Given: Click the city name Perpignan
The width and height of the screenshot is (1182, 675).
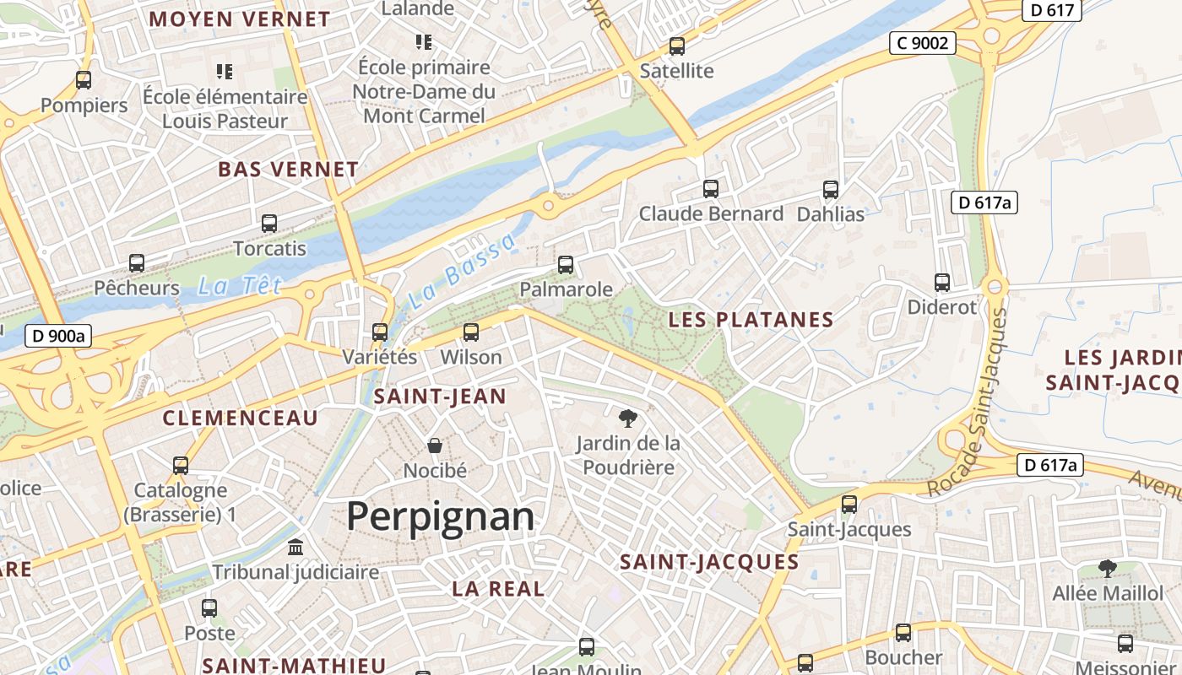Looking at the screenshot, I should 440,516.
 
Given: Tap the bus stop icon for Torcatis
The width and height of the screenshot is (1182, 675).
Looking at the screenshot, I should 269,224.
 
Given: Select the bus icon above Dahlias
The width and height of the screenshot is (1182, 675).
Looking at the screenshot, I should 831,189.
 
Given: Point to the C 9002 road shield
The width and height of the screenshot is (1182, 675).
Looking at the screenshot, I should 922,42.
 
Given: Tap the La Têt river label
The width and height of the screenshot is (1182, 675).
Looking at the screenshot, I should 240,286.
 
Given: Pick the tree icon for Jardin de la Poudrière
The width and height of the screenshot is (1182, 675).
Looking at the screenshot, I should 627,418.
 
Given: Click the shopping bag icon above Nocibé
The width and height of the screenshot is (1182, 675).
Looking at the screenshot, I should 435,445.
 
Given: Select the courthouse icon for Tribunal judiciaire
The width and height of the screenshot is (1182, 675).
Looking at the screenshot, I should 295,547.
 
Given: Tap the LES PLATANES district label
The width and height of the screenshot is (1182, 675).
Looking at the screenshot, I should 751,320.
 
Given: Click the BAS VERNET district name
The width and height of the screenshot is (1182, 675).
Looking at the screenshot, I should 288,169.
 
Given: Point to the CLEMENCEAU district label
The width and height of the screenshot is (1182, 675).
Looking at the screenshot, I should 241,418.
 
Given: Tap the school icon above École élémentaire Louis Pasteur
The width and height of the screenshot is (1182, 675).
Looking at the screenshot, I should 225,71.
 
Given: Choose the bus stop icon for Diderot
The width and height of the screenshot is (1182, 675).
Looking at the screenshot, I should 942,283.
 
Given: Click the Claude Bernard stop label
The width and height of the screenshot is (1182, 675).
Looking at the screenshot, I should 711,213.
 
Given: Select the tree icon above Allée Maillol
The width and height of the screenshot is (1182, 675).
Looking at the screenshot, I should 1108,568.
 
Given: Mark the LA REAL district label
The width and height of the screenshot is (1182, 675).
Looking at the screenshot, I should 498,589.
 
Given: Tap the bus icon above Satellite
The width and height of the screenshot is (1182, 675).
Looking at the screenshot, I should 677,46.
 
